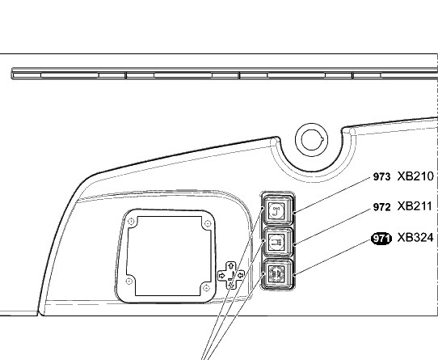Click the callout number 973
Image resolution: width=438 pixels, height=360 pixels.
click(x=381, y=177)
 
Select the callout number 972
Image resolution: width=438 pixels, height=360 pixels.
click(x=381, y=207)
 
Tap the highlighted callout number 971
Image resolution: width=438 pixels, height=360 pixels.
click(x=381, y=239)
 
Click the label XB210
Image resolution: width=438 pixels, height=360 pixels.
click(x=415, y=176)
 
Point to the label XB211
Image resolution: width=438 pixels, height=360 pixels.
click(x=415, y=206)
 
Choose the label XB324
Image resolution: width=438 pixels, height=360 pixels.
click(x=415, y=238)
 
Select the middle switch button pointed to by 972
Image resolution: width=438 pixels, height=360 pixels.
click(x=278, y=241)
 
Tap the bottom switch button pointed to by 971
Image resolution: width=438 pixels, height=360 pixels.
click(x=278, y=273)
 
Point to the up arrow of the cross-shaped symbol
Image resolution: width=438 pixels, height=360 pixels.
click(x=231, y=265)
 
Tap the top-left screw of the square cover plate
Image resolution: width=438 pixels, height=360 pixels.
click(x=131, y=222)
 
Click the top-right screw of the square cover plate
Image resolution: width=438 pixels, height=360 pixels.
click(x=208, y=223)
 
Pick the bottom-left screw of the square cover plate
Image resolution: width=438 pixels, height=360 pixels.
click(x=129, y=281)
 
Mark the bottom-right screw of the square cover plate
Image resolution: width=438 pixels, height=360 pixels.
click(x=206, y=288)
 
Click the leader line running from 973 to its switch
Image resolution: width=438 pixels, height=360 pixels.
click(x=332, y=195)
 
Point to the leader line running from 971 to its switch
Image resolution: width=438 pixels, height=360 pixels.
click(x=333, y=258)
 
